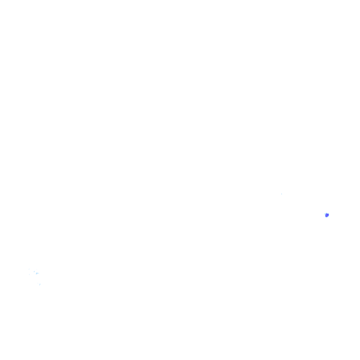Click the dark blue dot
327,215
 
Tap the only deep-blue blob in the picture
327,215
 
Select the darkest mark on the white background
327,215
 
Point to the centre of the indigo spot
327,215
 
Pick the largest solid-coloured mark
327,215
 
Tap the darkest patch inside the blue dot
326,216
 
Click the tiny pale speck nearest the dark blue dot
282,194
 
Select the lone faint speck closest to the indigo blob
282,194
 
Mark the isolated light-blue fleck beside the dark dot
282,194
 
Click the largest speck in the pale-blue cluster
37,273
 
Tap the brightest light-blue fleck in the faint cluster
37,273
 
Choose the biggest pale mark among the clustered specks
37,273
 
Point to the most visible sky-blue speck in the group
37,273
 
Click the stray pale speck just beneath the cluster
40,284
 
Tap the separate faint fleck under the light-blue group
40,284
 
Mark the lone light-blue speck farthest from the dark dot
40,284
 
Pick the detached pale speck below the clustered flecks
40,284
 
